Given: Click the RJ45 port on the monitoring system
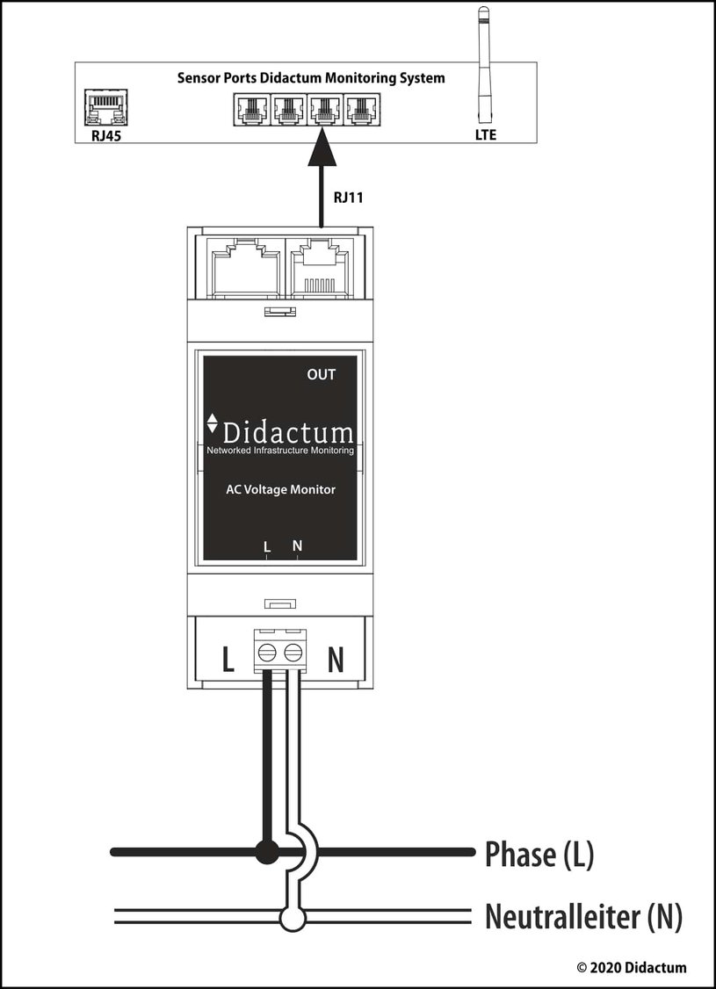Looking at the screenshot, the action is (x=106, y=107).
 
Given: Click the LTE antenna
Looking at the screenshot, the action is (x=484, y=65).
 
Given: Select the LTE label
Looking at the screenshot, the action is (x=486, y=135).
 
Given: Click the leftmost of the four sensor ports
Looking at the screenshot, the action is (x=252, y=109).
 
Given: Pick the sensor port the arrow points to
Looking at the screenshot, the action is (x=325, y=109).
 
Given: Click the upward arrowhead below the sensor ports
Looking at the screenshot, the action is (x=322, y=147).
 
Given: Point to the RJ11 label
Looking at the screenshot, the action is (x=348, y=198).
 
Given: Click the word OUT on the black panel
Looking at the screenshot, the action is (x=321, y=375).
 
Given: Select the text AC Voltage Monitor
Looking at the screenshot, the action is (x=281, y=489).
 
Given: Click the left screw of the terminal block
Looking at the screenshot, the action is (x=267, y=653).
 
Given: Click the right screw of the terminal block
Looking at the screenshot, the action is (x=293, y=653).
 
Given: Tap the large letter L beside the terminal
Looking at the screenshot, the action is (x=228, y=659).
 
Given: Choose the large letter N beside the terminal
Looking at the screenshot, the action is (x=336, y=659).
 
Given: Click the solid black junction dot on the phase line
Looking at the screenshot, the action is (x=267, y=851).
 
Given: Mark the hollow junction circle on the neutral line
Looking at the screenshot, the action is (x=293, y=918).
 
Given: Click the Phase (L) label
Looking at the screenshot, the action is (x=539, y=855).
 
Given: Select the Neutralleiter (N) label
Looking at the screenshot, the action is (x=583, y=917).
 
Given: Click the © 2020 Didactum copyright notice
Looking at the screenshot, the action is (x=632, y=968).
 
